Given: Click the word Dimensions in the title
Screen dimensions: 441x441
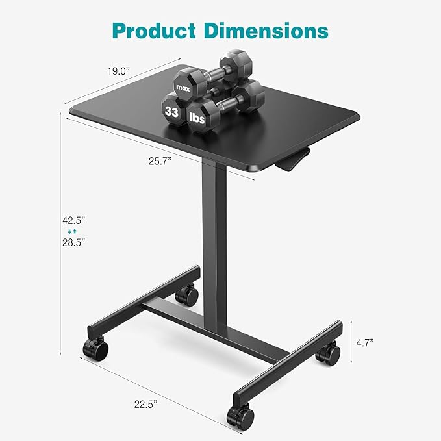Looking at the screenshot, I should tap(269, 31).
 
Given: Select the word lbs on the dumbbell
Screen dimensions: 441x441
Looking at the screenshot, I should tap(197, 117).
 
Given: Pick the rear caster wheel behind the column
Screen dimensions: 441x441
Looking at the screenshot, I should tap(188, 296).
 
